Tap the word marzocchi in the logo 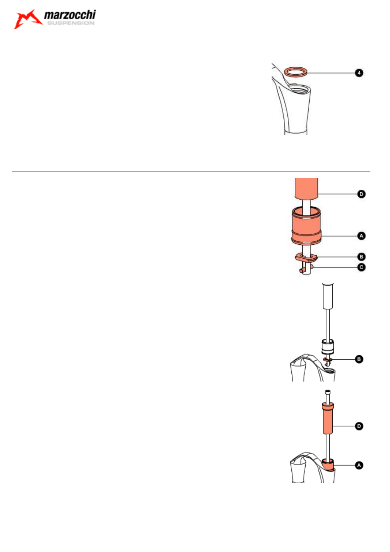pyautogui.click(x=70, y=15)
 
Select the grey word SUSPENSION pyautogui.click(x=71, y=23)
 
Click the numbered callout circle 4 pyautogui.click(x=359, y=73)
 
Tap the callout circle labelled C pyautogui.click(x=361, y=267)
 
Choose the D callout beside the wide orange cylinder pyautogui.click(x=361, y=194)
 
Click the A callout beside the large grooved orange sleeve pyautogui.click(x=361, y=236)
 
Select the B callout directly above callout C pyautogui.click(x=361, y=257)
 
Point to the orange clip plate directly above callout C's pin pyautogui.click(x=306, y=258)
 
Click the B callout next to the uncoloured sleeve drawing pyautogui.click(x=359, y=359)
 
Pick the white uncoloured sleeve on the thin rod pyautogui.click(x=328, y=347)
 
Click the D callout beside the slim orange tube pyautogui.click(x=359, y=426)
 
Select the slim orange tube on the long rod pyautogui.click(x=328, y=418)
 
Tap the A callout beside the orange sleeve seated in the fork pyautogui.click(x=359, y=465)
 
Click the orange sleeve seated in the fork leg pyautogui.click(x=328, y=464)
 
